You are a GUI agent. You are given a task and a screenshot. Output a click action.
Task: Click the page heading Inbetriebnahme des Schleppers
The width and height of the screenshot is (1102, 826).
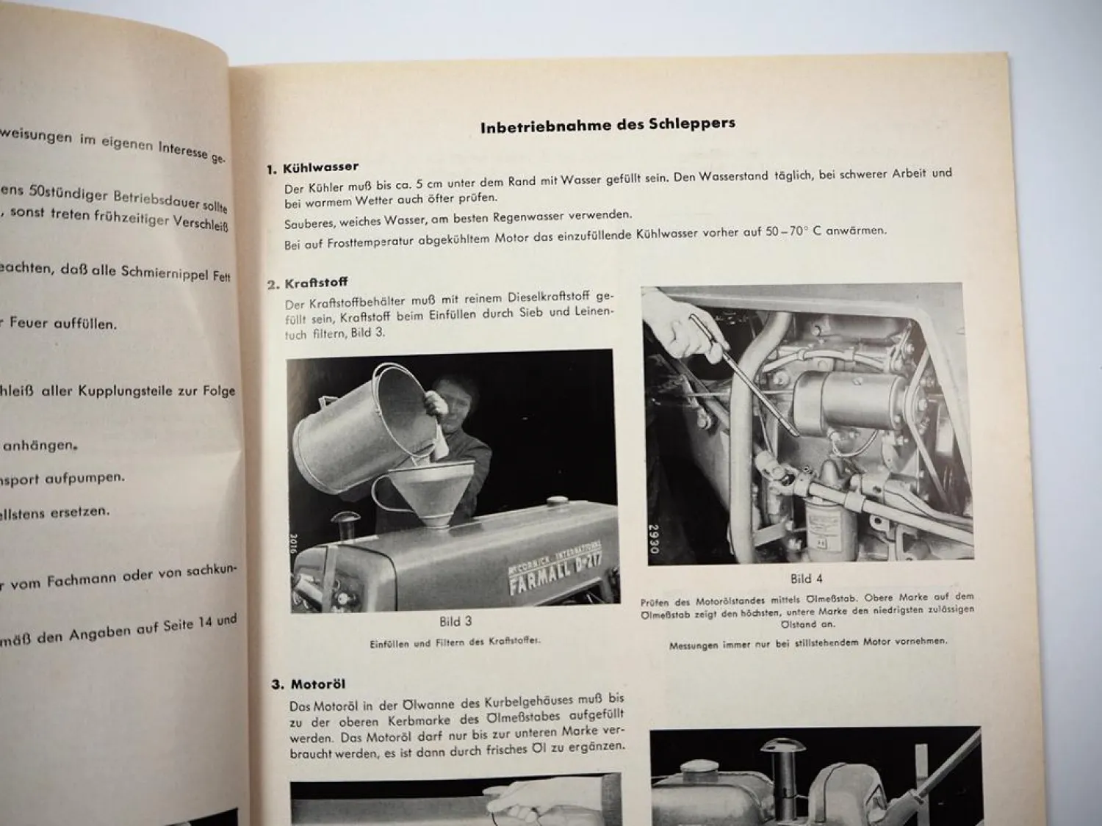[608, 125]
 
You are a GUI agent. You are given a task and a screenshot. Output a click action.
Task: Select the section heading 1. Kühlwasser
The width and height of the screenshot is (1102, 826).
[312, 168]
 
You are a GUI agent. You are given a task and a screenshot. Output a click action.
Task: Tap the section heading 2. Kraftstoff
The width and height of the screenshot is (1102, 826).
[307, 283]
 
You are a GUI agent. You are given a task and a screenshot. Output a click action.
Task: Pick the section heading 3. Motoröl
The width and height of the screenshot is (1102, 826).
[309, 684]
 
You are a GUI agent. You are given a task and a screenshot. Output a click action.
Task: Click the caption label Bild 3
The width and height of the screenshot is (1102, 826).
[455, 621]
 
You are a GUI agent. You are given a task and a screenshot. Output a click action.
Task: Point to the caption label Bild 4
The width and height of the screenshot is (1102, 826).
[807, 579]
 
